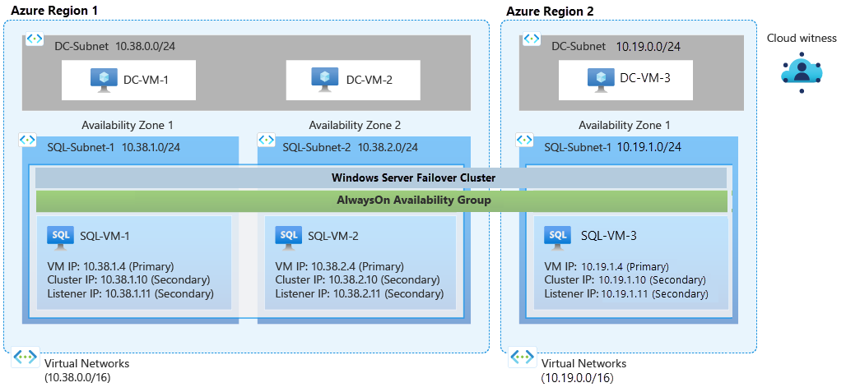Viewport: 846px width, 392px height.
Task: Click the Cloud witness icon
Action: click(802, 71)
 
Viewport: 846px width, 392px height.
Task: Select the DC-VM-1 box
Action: click(130, 79)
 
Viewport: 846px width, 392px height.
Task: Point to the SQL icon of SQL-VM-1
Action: click(60, 236)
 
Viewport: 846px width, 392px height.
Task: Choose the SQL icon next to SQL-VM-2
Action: click(288, 236)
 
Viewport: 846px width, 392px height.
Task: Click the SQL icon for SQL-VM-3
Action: click(558, 236)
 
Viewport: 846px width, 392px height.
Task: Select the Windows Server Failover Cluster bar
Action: click(381, 178)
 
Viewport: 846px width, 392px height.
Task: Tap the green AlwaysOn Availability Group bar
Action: click(381, 201)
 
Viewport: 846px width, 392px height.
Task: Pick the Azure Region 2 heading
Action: click(550, 11)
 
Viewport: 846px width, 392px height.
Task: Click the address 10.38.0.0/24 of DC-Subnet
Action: click(145, 46)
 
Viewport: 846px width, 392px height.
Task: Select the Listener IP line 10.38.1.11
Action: click(131, 293)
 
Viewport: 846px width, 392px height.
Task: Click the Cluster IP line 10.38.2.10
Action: click(359, 280)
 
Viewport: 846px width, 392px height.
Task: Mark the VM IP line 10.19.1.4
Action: click(607, 267)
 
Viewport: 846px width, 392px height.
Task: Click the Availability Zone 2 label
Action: click(355, 125)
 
